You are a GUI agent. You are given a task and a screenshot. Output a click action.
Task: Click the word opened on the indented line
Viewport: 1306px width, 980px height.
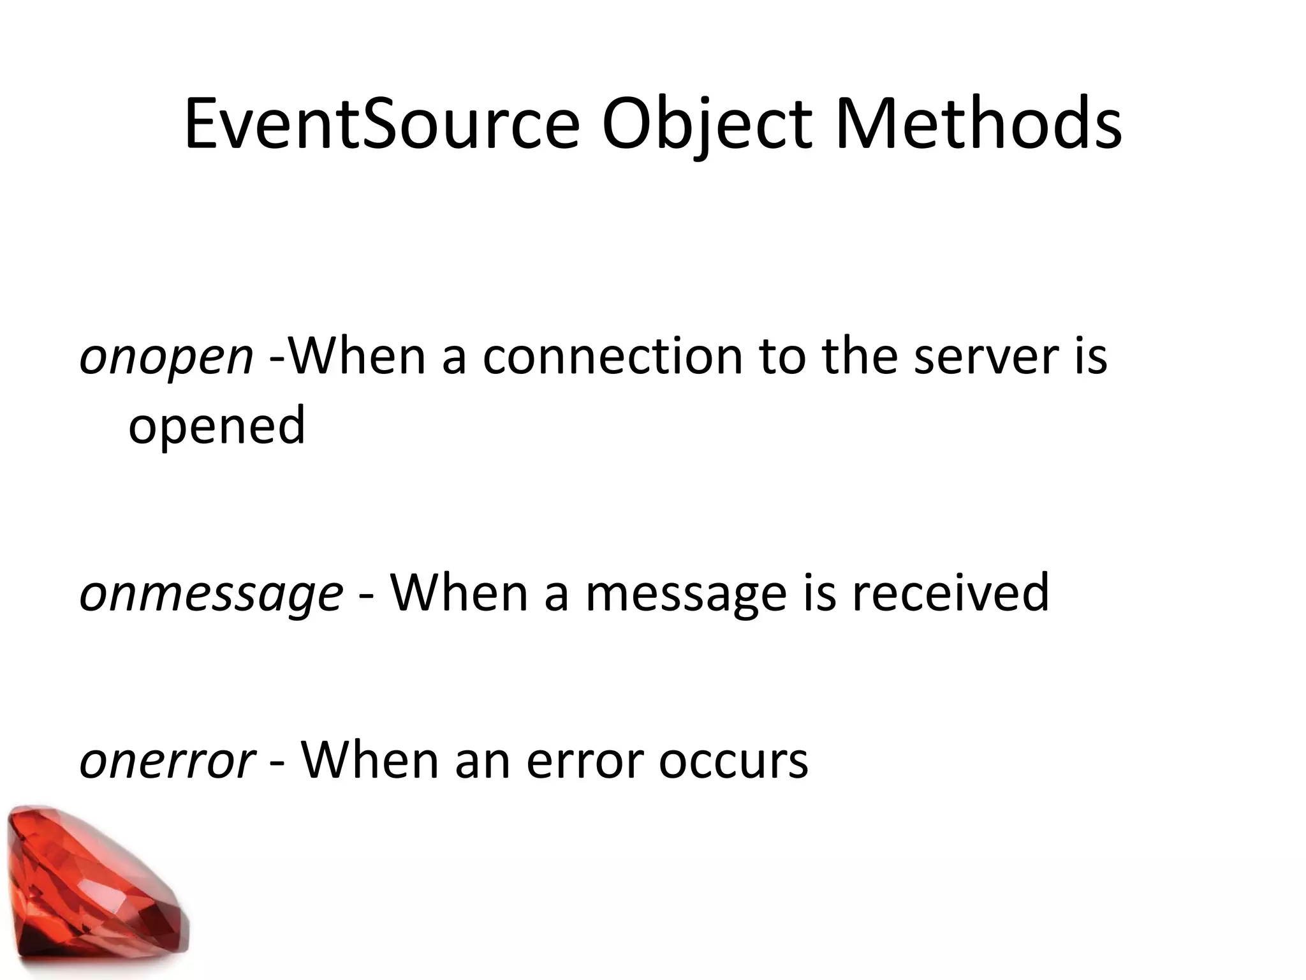pos(217,427)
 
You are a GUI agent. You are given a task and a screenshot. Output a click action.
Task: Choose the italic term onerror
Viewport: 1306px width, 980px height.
pos(167,761)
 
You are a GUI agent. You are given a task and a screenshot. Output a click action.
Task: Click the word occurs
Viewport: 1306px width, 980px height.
pos(733,761)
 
